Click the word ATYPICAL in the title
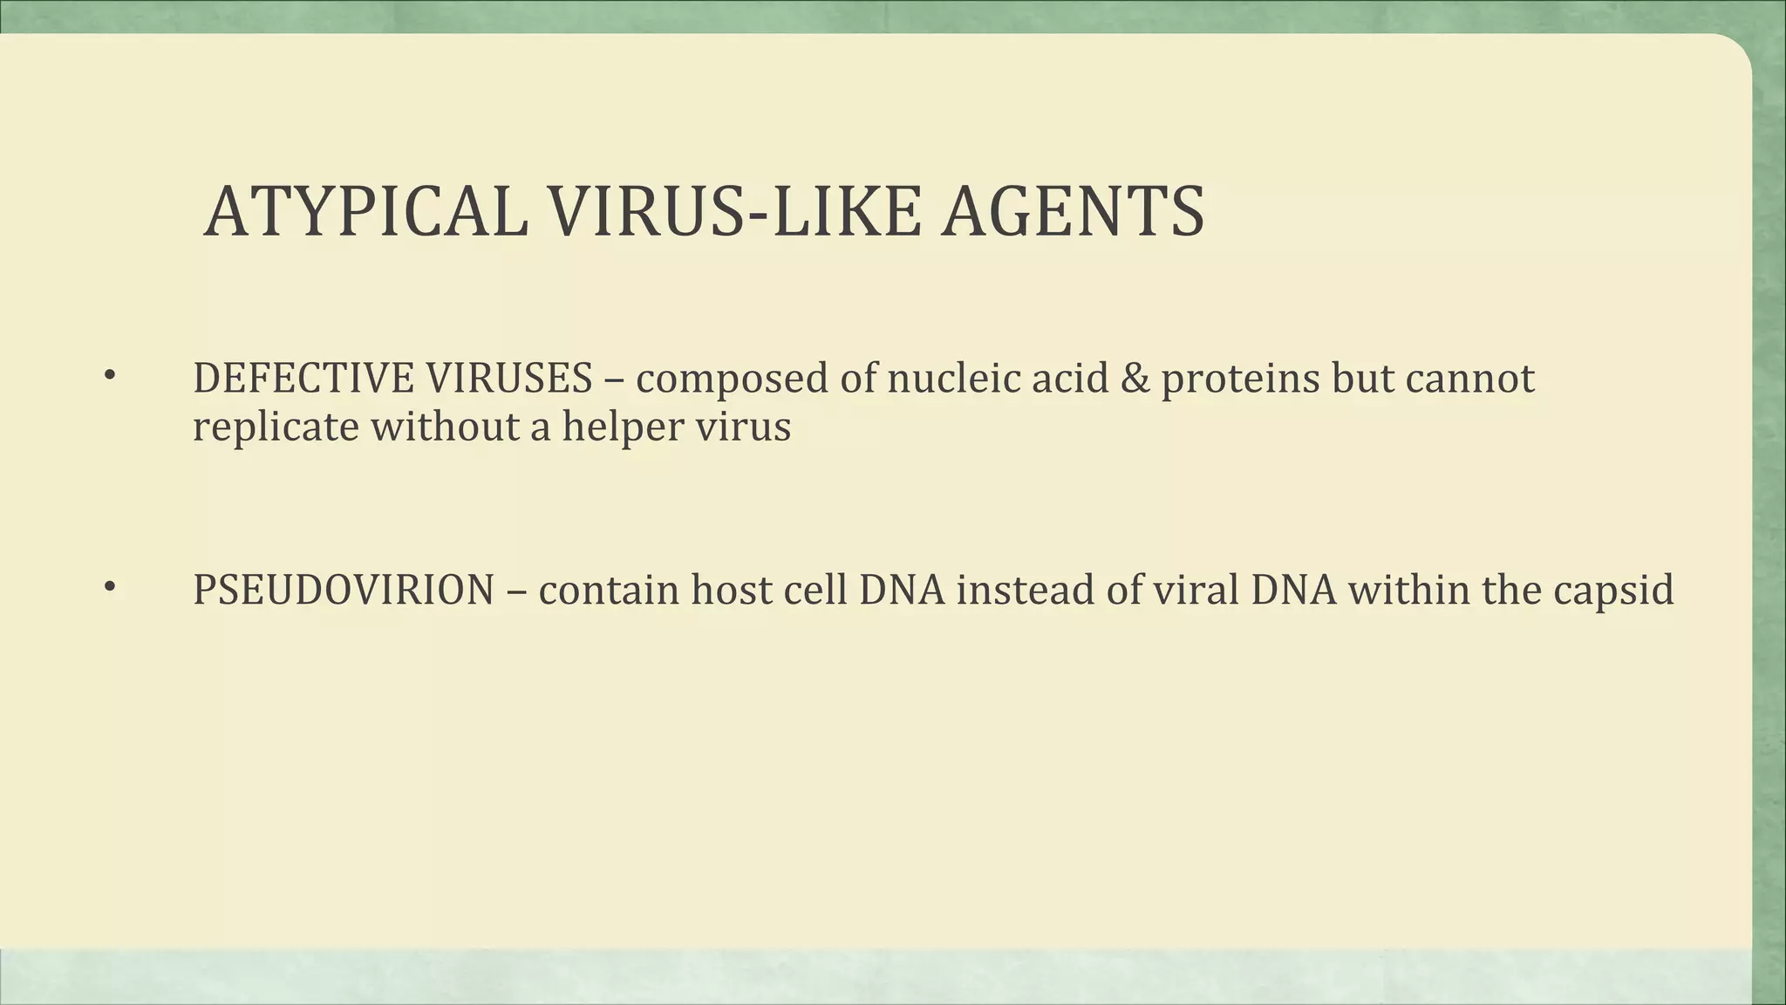(365, 212)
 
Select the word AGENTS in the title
(1073, 212)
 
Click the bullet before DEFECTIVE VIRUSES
(109, 376)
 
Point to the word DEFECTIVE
(303, 379)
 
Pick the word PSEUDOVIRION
(344, 590)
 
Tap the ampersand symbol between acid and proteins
(1135, 379)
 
